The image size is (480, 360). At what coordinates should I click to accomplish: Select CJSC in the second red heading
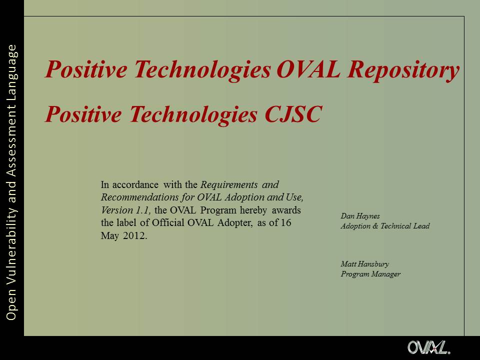[x=293, y=114]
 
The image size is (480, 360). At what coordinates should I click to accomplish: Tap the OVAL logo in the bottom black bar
[x=429, y=347]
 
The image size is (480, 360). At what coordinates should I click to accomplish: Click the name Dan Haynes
[x=360, y=216]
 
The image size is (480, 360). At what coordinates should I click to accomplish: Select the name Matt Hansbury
[x=364, y=264]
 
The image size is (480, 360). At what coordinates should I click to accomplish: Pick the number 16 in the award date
[x=285, y=222]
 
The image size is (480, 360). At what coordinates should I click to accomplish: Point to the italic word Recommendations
[x=139, y=197]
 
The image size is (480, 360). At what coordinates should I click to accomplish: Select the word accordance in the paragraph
[x=135, y=185]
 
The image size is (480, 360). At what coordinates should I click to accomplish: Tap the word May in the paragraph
[x=110, y=236]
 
